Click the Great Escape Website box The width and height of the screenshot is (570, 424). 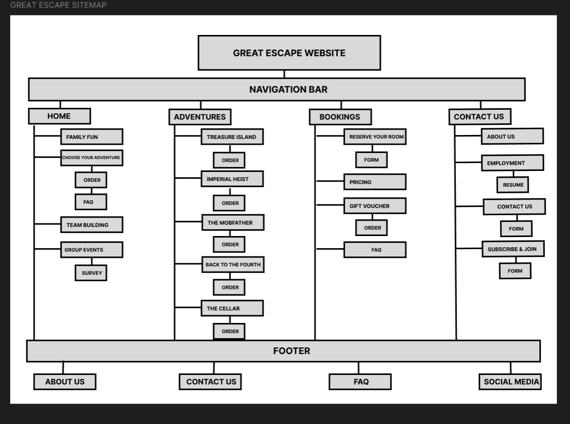click(x=289, y=53)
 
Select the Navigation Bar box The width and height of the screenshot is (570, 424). click(x=277, y=89)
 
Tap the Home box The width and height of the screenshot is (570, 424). click(x=59, y=116)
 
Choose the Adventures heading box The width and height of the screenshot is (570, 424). click(x=200, y=117)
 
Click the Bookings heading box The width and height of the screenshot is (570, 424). click(x=340, y=117)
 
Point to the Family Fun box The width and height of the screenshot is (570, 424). click(x=91, y=137)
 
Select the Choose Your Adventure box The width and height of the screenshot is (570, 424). click(x=91, y=158)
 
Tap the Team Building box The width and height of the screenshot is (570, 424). click(x=91, y=225)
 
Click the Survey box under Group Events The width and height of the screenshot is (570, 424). click(x=91, y=273)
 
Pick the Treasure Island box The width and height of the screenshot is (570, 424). click(x=232, y=137)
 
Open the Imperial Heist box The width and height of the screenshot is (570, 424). click(x=232, y=179)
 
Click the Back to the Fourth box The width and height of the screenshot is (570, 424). click(x=233, y=265)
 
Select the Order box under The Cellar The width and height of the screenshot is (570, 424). click(x=229, y=331)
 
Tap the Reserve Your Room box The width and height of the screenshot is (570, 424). click(x=374, y=137)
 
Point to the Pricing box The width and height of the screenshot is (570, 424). click(x=374, y=182)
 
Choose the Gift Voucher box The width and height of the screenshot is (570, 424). click(x=374, y=206)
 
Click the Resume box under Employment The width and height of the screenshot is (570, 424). click(x=513, y=185)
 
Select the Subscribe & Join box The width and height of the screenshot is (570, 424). click(x=513, y=249)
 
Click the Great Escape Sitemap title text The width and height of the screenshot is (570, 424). click(x=58, y=5)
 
